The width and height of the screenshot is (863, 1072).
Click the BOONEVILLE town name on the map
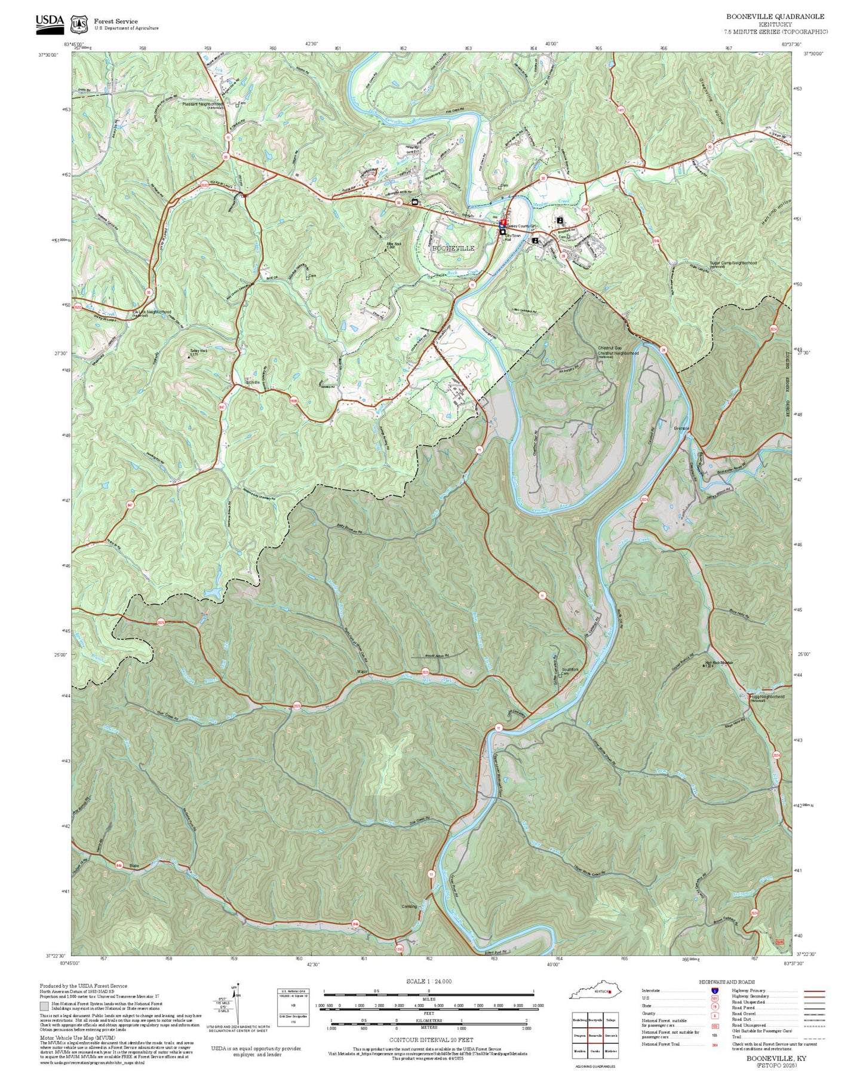point(453,248)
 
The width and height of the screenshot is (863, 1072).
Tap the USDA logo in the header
point(50,23)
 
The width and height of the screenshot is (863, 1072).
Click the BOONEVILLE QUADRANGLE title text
point(775,17)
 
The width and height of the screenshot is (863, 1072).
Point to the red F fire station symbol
point(503,222)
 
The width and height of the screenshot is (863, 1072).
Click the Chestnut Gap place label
point(610,348)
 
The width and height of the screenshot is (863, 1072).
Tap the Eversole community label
point(681,428)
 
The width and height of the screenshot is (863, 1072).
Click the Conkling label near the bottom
point(409,906)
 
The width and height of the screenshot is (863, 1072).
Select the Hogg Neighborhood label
point(767,697)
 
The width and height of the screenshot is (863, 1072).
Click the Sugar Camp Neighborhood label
point(733,263)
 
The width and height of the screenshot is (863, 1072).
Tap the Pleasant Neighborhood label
point(203,104)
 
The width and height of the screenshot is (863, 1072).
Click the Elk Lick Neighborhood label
point(152,312)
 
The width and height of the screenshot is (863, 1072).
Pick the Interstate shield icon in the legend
point(714,991)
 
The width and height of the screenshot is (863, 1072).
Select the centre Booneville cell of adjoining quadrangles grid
point(595,1036)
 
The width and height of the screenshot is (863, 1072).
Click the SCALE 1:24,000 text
point(428,981)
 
